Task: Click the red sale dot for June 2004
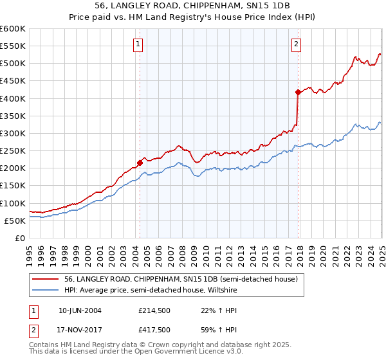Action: (x=140, y=163)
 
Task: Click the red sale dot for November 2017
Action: (x=298, y=92)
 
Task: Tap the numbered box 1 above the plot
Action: (x=139, y=44)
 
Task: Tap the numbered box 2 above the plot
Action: (x=296, y=44)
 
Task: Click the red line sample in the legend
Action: (x=45, y=280)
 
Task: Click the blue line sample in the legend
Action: (x=45, y=290)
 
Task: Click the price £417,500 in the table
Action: (x=154, y=330)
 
